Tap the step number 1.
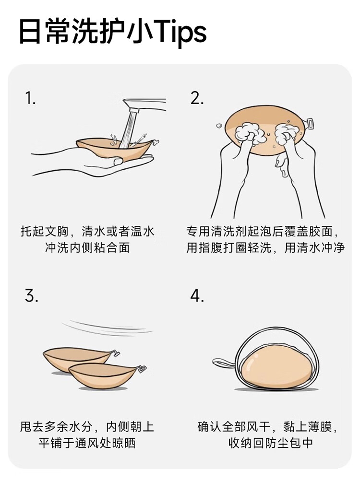30,98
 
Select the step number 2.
197,98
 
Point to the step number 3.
31,295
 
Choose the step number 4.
197,295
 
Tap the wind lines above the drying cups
107,328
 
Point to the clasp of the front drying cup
142,369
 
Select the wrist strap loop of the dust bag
224,363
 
